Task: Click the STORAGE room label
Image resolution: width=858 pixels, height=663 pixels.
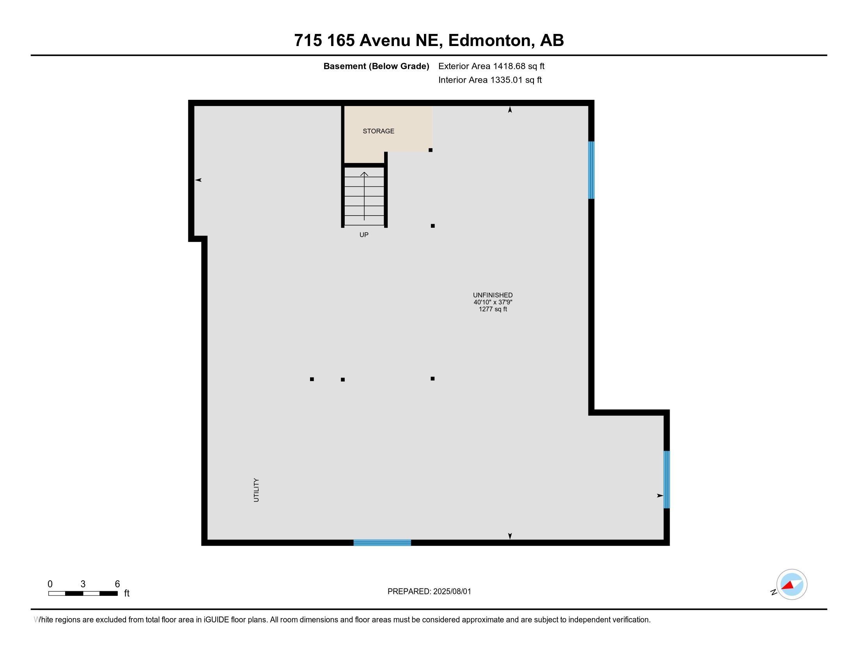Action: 378,131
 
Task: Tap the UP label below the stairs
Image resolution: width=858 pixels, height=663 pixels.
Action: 364,235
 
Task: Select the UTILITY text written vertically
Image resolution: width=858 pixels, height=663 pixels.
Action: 257,490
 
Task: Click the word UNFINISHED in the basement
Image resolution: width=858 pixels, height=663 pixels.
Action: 493,295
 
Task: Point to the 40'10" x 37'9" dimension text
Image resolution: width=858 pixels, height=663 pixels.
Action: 493,302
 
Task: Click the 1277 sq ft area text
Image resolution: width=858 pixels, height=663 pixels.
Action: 493,309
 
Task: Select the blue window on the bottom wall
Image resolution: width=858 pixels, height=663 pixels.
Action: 382,543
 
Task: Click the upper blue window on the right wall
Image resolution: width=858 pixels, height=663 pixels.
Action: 591,170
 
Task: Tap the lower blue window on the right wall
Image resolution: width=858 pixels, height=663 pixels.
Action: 666,480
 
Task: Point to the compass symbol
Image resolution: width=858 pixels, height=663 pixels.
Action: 791,585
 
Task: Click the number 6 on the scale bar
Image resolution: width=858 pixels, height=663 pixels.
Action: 117,584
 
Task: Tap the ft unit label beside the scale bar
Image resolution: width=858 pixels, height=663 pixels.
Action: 126,594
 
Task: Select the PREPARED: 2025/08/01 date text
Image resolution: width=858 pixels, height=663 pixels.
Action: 429,592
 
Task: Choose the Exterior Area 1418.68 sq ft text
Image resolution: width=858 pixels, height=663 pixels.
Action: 491,66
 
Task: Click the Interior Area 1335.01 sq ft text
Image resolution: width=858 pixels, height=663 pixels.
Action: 490,80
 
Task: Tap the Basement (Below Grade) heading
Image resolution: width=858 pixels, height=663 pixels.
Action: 376,66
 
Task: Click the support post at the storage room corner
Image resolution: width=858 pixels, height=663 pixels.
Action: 431,150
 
